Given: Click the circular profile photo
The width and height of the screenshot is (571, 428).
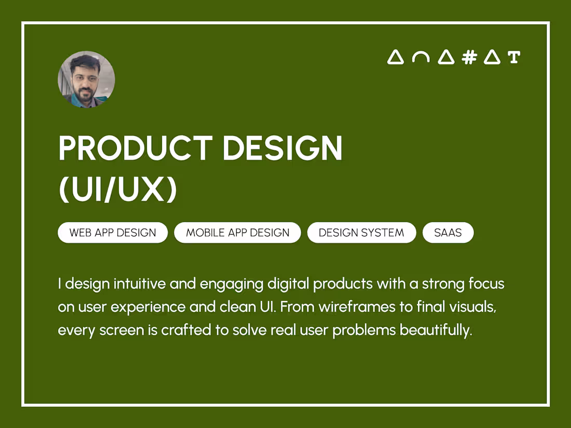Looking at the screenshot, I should point(86,79).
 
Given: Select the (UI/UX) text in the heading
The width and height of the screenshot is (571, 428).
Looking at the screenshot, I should point(118,190).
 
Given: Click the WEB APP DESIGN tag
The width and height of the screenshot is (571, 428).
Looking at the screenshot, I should point(113,233).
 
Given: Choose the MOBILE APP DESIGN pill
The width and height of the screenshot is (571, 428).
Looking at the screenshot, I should point(238,233).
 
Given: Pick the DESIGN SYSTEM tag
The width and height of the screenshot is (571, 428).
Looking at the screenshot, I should point(361,233).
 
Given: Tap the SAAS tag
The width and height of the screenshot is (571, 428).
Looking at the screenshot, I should point(448,233).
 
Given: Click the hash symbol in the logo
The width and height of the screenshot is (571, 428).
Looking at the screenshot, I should point(469,57).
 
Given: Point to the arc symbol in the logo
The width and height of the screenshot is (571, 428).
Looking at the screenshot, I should point(420,58).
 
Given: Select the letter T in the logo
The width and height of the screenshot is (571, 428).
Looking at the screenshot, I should point(514,57).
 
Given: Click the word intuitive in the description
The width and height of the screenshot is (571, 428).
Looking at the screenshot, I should point(138,284).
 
